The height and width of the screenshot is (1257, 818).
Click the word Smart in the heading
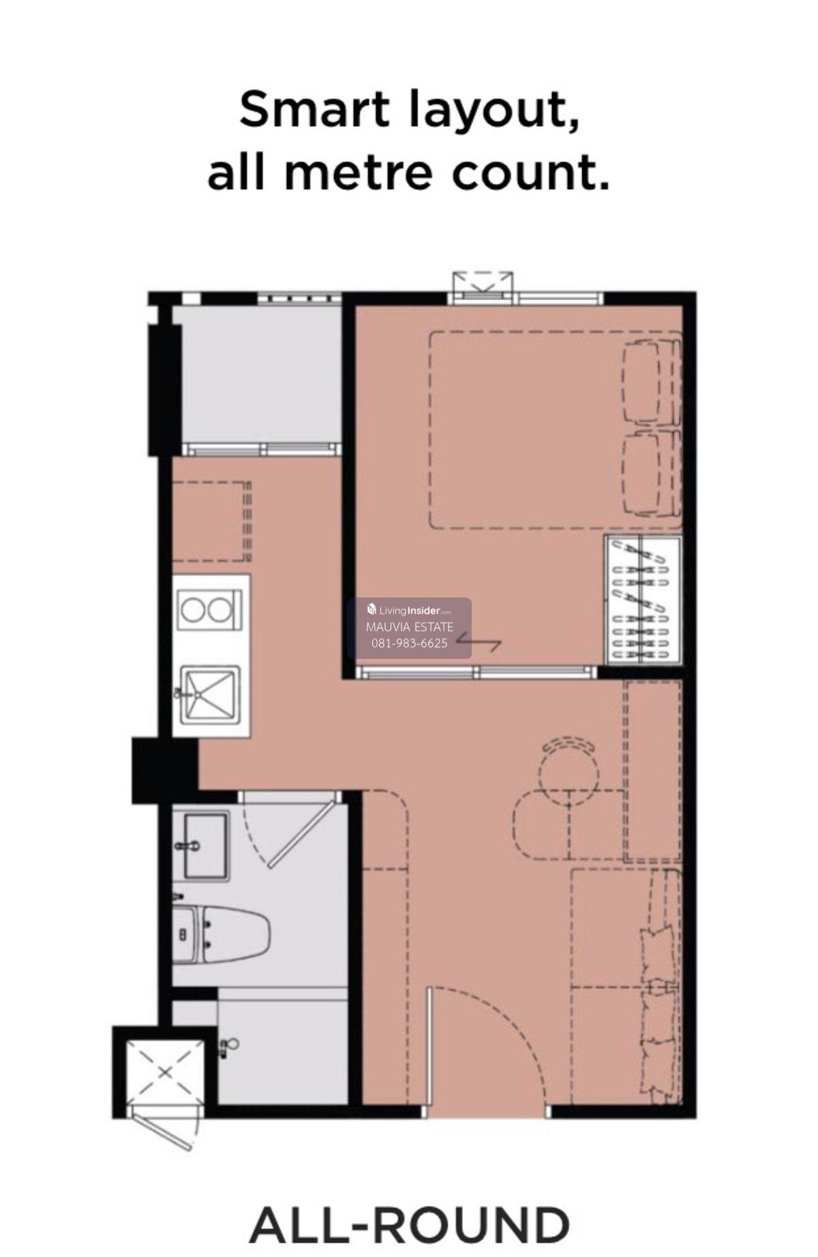pos(315,110)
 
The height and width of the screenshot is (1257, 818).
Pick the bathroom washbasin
pos(205,846)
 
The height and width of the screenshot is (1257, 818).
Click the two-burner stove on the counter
pos(209,609)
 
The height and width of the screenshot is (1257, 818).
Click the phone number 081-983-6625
pos(409,643)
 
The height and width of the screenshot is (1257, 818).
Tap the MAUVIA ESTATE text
pos(409,627)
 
